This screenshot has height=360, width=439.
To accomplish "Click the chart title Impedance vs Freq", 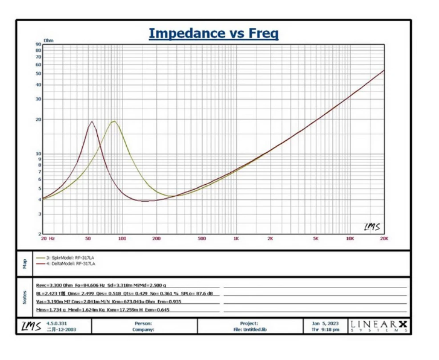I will point(213,33).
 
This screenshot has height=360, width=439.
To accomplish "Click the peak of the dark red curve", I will point(92,121).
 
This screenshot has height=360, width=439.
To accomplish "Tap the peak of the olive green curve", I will point(113,121).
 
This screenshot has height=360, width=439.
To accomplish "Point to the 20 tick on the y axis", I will point(38,120).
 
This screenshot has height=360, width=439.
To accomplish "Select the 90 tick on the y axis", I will point(38,45).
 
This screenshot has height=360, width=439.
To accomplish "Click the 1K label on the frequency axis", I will point(236,239).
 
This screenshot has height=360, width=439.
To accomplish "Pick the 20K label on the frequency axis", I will point(383,239).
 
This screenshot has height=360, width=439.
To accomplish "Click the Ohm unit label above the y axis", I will point(48,40).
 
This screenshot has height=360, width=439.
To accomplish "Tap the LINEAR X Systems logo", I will point(379,326).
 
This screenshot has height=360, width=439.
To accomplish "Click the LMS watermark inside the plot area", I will point(372,227).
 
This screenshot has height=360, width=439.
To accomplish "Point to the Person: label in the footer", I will point(144,324).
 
